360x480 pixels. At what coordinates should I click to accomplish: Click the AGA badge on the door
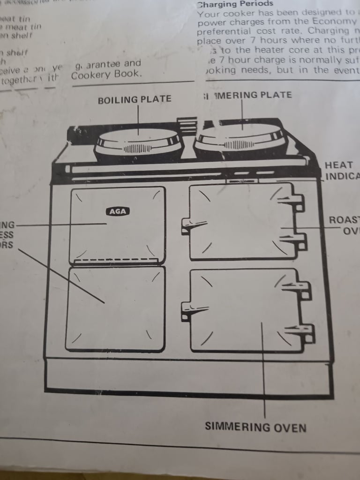tap(118, 211)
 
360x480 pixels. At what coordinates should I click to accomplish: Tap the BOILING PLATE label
tap(135, 99)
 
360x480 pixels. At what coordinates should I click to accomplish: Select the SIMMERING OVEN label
tap(255, 427)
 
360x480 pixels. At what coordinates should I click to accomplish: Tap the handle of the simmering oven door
tap(193, 309)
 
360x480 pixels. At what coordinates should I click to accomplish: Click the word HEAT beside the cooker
tap(338, 165)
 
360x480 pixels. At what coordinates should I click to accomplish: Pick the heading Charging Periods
tap(235, 4)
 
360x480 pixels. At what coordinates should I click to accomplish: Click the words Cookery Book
tap(105, 74)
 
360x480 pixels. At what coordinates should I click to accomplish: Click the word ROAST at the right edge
tap(344, 220)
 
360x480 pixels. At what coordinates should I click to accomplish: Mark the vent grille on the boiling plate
tap(137, 149)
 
